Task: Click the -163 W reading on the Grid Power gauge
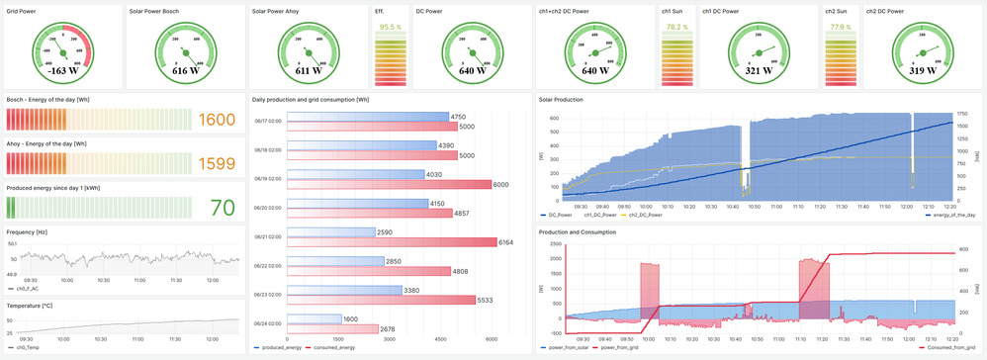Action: point(63,71)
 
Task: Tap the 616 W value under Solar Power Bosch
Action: point(185,71)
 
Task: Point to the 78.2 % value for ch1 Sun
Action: point(676,27)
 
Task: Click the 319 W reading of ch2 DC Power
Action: point(921,71)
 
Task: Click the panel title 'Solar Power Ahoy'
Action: point(275,11)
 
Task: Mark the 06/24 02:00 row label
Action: point(269,323)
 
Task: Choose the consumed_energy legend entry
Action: point(333,348)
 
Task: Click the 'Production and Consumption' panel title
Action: point(577,231)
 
